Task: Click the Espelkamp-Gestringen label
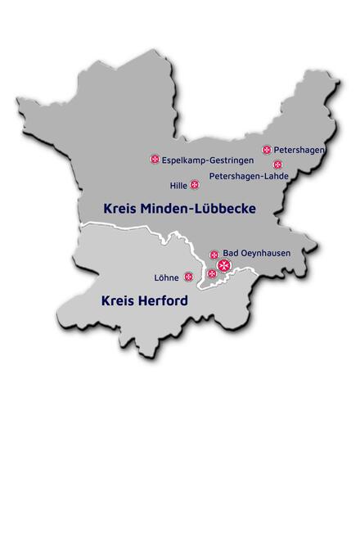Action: tap(202, 160)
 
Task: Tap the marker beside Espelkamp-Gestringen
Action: tap(155, 160)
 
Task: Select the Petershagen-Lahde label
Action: tap(248, 176)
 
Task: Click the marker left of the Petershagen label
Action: tap(267, 150)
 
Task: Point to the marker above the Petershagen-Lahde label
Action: tap(277, 165)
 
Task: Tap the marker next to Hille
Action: tap(195, 185)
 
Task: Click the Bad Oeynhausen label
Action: tap(256, 254)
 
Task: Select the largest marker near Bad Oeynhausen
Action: tap(223, 265)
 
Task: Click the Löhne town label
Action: tap(166, 277)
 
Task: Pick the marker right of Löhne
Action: tap(189, 277)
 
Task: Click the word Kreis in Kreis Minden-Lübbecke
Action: tap(120, 209)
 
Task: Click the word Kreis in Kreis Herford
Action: tap(117, 301)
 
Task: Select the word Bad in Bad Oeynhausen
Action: tap(232, 254)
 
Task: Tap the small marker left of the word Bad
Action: tap(214, 255)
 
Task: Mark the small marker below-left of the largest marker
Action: tap(212, 273)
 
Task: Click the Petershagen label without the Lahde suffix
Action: tap(299, 150)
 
